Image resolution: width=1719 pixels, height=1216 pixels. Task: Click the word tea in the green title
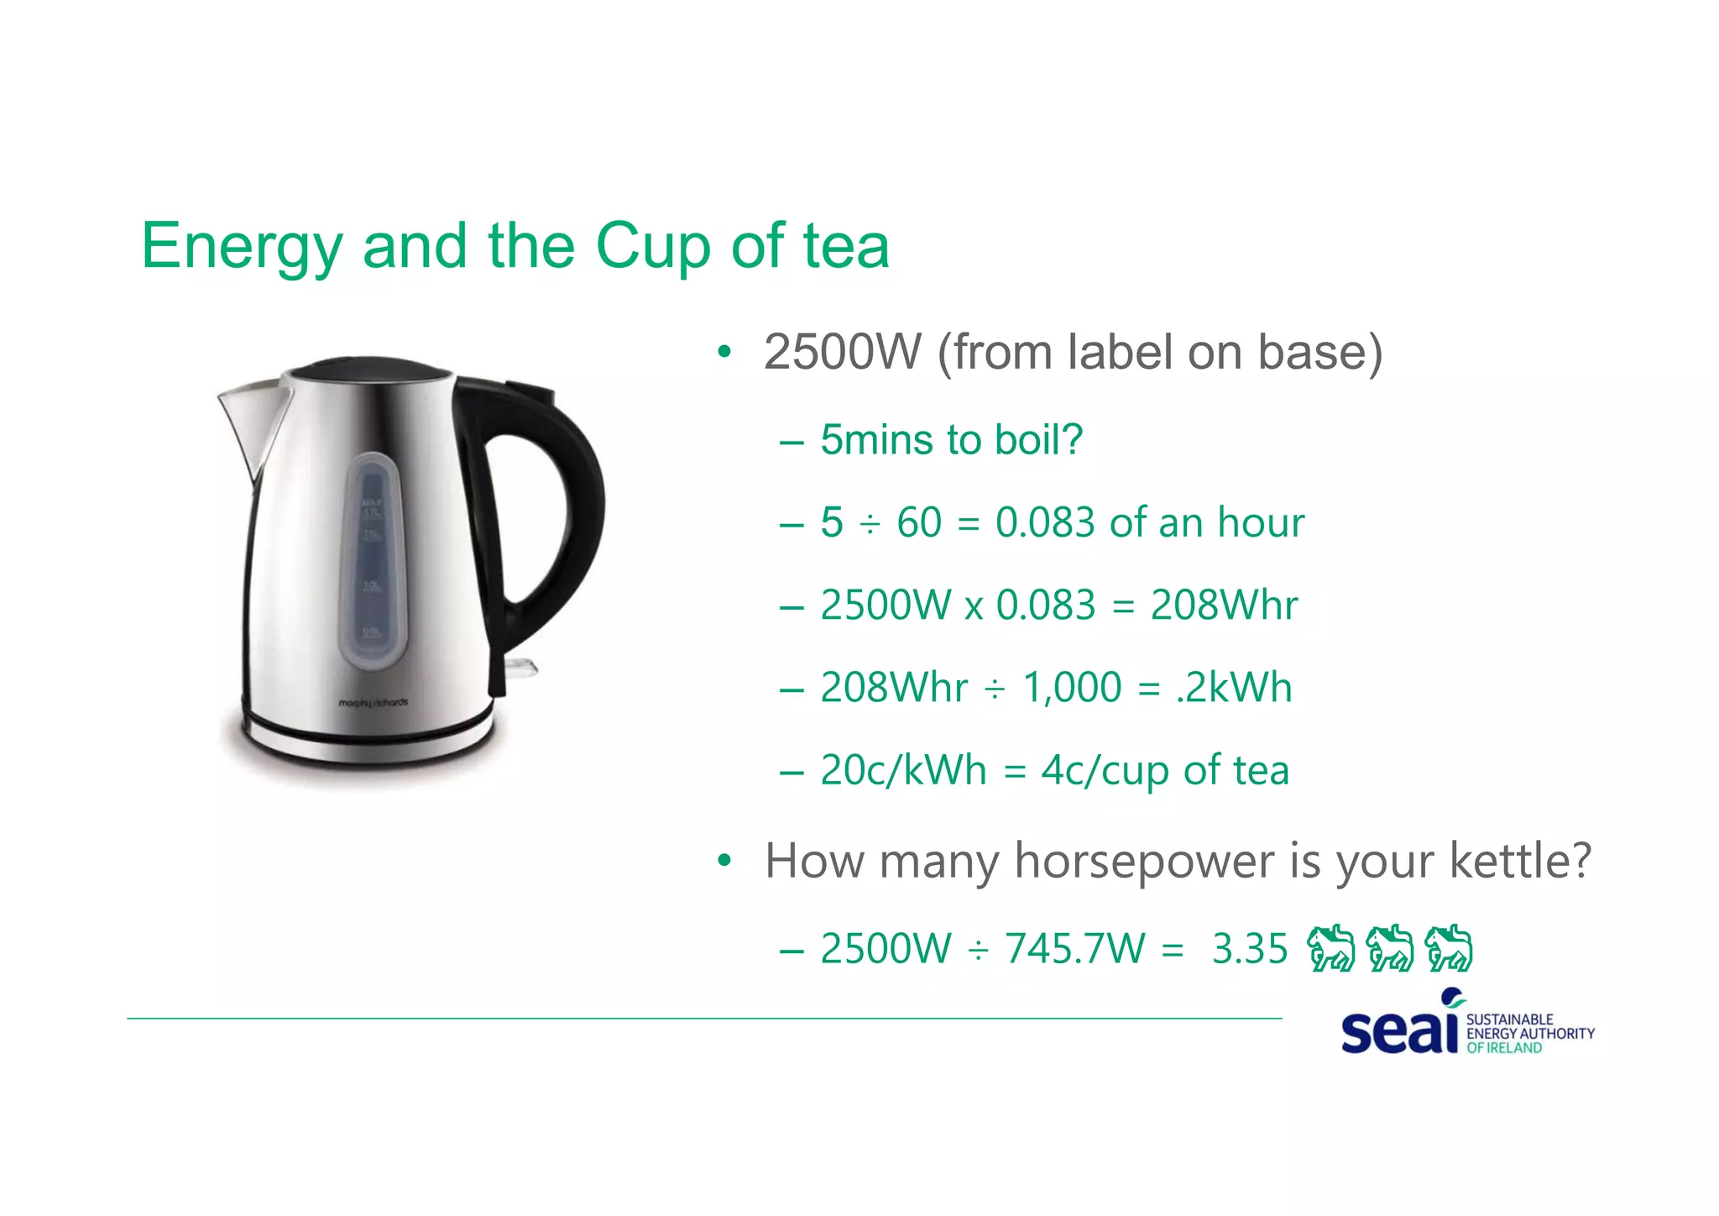[845, 246]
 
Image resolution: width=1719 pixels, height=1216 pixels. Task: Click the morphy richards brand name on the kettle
[373, 702]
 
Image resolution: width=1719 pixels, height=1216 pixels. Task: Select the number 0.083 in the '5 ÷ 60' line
[1046, 523]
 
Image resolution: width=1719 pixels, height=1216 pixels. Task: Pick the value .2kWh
[1234, 688]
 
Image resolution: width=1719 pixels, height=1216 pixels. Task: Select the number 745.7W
[1075, 949]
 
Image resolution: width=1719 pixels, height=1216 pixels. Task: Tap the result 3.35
[1250, 949]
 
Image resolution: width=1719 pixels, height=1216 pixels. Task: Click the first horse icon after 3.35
[1330, 948]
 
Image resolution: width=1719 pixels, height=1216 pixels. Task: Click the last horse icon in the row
[1450, 948]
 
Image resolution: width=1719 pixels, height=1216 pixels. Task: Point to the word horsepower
[1144, 862]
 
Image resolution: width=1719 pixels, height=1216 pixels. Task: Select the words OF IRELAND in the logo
[1504, 1048]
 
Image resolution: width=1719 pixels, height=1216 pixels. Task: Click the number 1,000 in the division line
[1072, 688]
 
